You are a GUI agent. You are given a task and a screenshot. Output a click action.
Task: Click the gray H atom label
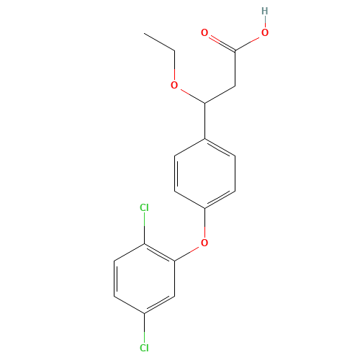265,11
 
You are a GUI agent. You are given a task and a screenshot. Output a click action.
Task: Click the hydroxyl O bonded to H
265,32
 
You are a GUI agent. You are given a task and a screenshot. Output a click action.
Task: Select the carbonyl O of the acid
204,32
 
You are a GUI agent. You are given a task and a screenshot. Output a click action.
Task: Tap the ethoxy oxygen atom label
174,85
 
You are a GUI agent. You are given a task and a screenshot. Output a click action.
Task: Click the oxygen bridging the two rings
204,243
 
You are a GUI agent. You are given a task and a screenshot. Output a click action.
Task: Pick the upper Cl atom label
144,207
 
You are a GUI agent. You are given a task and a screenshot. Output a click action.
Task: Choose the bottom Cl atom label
144,348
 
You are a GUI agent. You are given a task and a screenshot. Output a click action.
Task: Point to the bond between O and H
265,22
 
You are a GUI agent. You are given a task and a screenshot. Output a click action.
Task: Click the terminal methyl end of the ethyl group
144,33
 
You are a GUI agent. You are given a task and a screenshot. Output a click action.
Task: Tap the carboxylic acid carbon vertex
235,50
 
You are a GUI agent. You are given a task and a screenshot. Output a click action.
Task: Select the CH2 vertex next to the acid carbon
235,86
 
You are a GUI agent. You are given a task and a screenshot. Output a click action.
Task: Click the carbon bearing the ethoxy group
204,103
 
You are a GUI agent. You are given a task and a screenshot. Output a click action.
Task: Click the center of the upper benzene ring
204,174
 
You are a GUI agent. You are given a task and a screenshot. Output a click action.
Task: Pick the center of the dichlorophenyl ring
144,279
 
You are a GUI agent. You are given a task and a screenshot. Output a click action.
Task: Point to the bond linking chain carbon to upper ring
204,121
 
